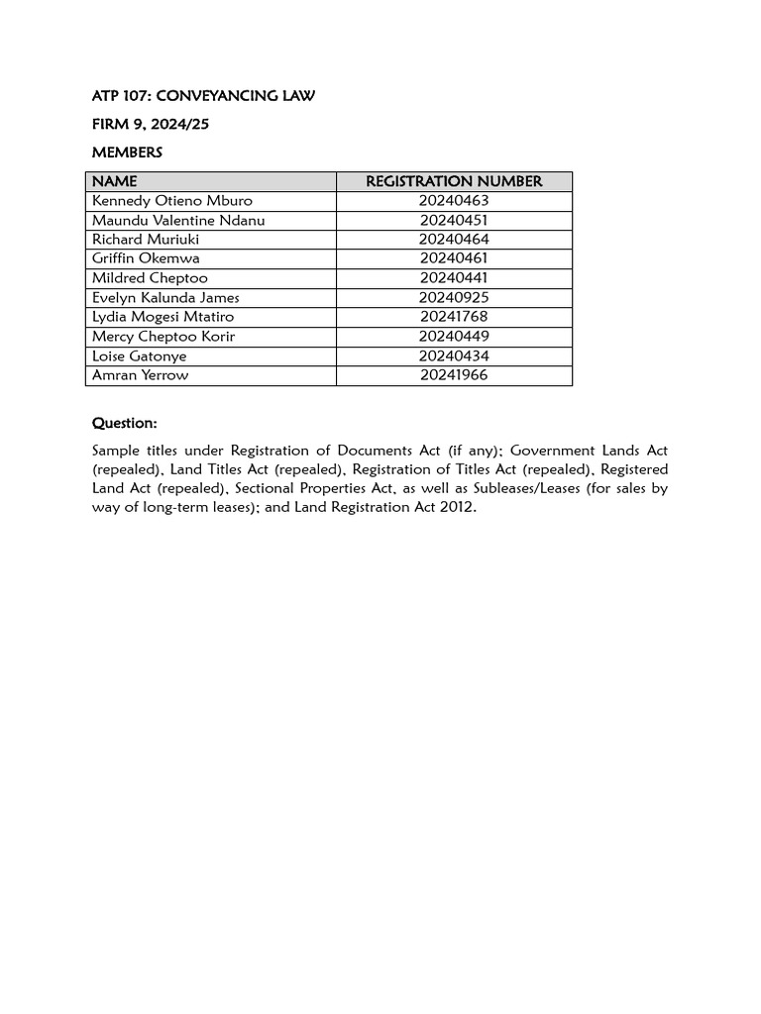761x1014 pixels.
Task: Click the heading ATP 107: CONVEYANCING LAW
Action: [x=203, y=96]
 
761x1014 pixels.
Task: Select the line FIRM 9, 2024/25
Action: [x=151, y=125]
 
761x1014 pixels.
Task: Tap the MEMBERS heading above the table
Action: [x=127, y=152]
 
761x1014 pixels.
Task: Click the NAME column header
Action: [x=115, y=181]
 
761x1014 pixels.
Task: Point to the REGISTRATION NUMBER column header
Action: [x=454, y=181]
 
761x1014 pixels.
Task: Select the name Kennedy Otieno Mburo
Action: [x=172, y=201]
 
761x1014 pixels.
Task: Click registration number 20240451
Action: [x=454, y=220]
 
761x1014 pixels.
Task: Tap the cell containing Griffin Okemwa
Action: [x=146, y=258]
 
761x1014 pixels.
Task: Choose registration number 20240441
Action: [x=454, y=278]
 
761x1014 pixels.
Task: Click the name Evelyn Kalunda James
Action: [x=165, y=297]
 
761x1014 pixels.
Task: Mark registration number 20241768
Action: [x=454, y=317]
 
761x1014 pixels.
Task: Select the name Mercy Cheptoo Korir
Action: [x=163, y=337]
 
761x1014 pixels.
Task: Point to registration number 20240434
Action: [x=454, y=355]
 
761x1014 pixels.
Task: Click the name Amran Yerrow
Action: [x=140, y=375]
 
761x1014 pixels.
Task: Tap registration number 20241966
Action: [x=454, y=375]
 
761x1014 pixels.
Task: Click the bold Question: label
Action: [x=125, y=423]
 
